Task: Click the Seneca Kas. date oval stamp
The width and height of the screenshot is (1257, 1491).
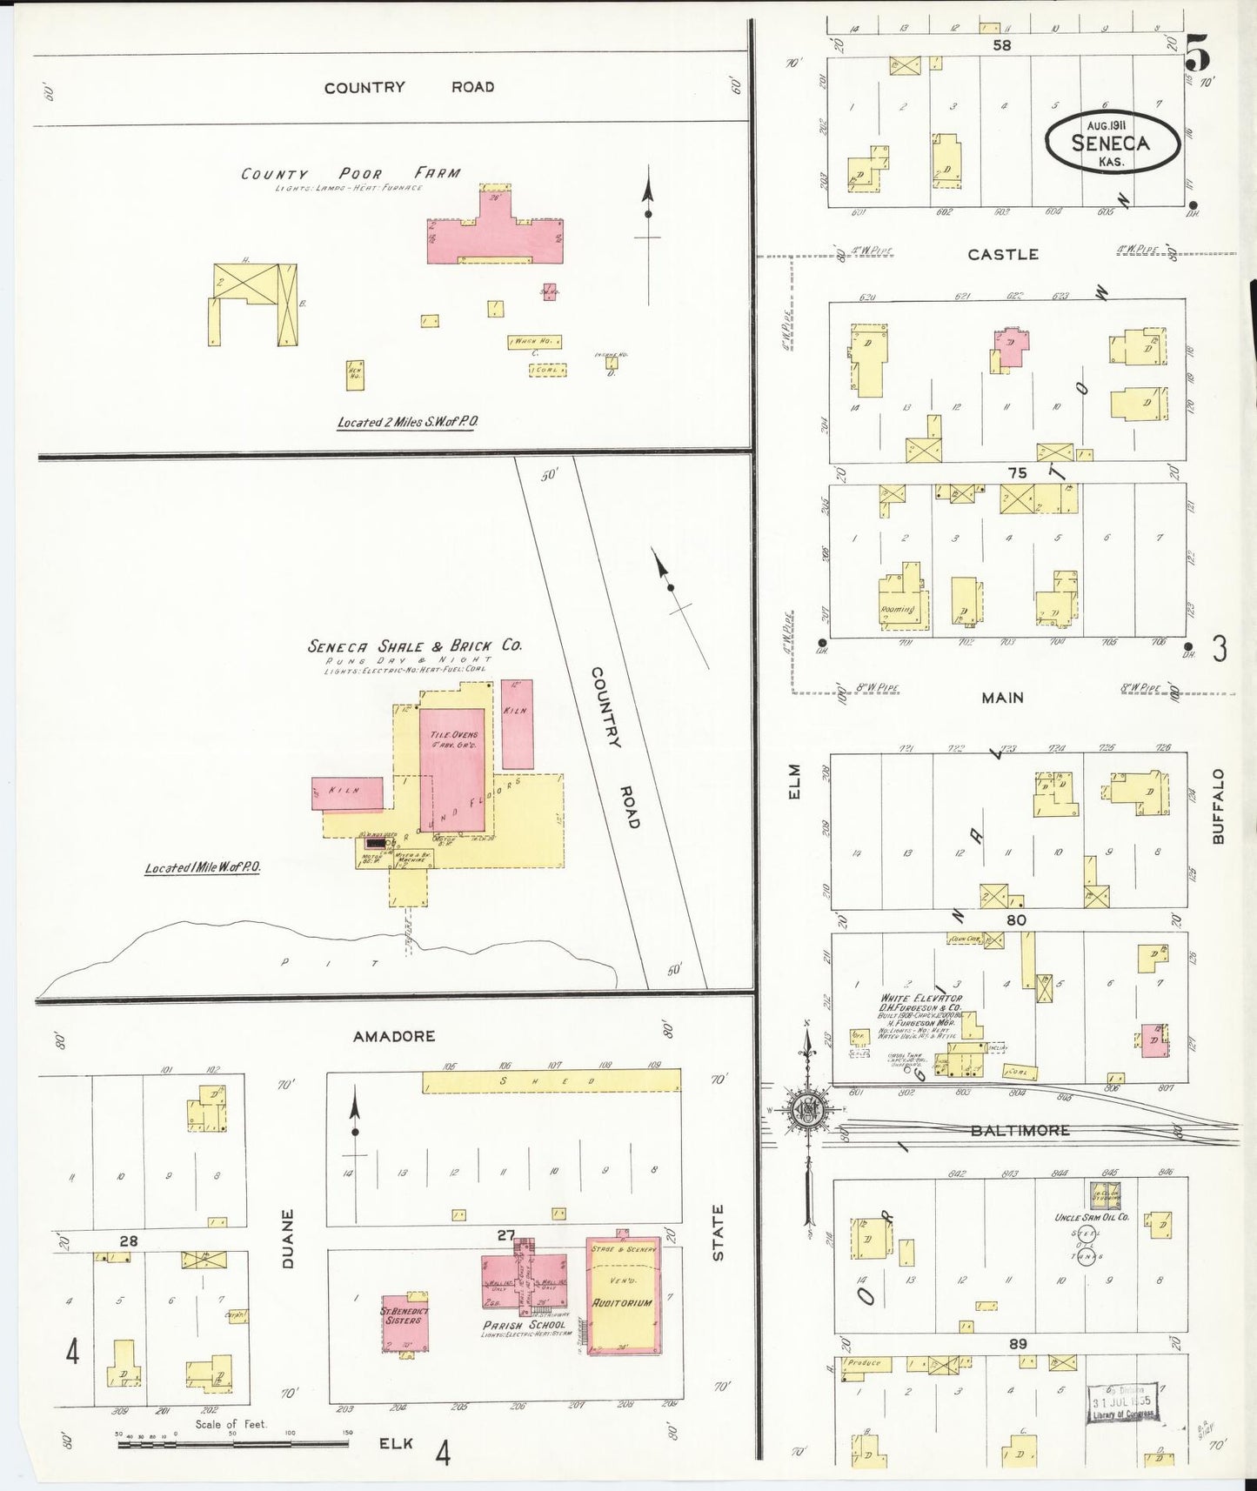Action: point(1112,144)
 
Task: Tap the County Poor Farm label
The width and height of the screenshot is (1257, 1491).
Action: point(351,173)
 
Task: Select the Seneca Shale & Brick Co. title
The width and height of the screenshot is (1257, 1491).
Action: point(414,646)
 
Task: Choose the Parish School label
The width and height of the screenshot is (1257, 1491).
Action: point(525,1325)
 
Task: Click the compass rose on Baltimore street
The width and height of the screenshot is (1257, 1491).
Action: point(808,1109)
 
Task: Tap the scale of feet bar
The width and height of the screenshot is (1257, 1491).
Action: point(233,1443)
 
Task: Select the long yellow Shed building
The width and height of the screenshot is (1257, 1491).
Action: point(552,1081)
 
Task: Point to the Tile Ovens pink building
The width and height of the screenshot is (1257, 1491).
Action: point(453,770)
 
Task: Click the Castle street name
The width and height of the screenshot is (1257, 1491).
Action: point(1003,254)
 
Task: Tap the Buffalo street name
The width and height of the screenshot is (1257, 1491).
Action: point(1217,806)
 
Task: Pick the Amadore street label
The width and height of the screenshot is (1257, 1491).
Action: point(394,1036)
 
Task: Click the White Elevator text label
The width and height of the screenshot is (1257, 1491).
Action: point(921,998)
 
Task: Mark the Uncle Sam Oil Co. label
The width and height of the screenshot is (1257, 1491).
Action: point(1092,1217)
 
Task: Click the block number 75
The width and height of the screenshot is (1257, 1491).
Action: point(1017,473)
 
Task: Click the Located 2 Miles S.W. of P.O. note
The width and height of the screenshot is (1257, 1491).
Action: point(408,423)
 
